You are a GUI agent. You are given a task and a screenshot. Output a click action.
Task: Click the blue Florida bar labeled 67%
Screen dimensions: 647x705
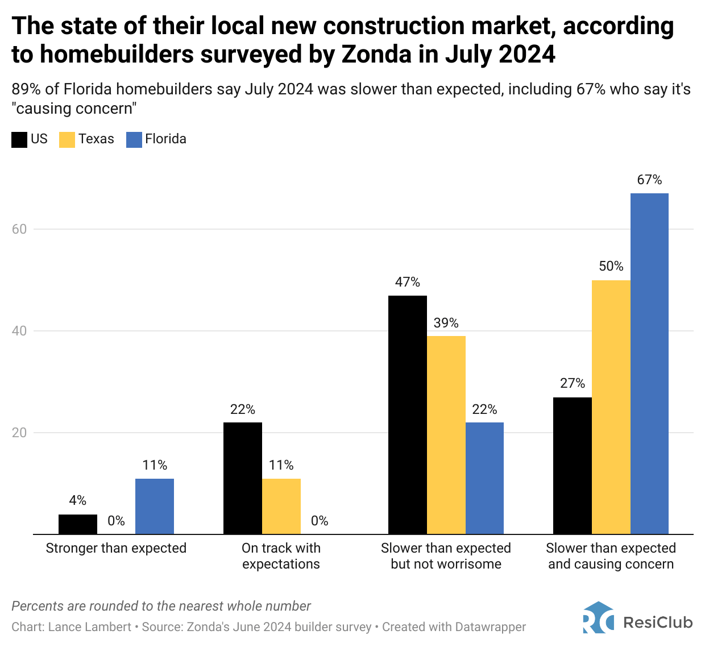point(649,364)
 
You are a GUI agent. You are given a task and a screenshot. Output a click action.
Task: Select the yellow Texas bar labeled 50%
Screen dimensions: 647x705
point(611,407)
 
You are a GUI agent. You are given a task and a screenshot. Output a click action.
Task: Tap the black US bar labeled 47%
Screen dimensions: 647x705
point(407,415)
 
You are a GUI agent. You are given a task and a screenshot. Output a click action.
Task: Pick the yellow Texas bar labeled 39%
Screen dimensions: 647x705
point(446,435)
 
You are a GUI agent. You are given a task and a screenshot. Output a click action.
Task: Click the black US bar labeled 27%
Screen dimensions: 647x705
point(573,466)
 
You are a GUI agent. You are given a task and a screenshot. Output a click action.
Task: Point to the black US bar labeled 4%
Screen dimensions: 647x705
point(78,524)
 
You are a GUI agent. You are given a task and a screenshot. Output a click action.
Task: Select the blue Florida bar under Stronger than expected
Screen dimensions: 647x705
point(155,507)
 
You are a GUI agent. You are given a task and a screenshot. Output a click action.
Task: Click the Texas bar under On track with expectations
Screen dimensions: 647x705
point(281,507)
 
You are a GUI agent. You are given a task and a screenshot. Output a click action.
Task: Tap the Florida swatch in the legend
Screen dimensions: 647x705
point(134,139)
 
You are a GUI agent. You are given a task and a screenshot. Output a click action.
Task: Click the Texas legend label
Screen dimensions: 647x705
point(96,139)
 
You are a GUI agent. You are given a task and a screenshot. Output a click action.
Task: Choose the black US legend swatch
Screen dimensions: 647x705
point(19,139)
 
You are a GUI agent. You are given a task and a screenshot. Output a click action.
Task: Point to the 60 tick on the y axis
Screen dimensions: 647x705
point(19,229)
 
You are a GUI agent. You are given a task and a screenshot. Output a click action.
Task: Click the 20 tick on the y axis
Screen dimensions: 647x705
point(19,433)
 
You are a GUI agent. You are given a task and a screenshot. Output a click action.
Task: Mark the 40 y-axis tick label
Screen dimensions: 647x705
point(19,331)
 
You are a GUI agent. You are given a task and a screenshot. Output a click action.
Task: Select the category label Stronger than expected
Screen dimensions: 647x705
point(116,548)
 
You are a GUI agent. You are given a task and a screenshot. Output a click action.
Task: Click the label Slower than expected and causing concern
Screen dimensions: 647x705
point(611,556)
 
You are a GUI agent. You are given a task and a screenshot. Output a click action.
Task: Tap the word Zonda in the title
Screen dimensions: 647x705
point(376,54)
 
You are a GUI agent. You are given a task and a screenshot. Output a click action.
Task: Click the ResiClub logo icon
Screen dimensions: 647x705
point(598,618)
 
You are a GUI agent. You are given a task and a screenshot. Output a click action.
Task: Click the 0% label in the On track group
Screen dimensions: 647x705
point(320,521)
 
